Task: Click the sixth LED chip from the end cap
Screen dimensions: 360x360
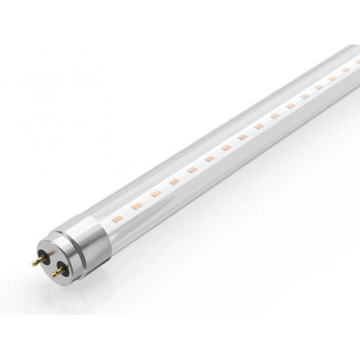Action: click(210, 159)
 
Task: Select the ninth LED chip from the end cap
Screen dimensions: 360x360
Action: click(259, 126)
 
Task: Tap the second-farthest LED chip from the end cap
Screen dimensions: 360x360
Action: click(333, 78)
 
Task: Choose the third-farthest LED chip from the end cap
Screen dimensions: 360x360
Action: click(319, 87)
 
